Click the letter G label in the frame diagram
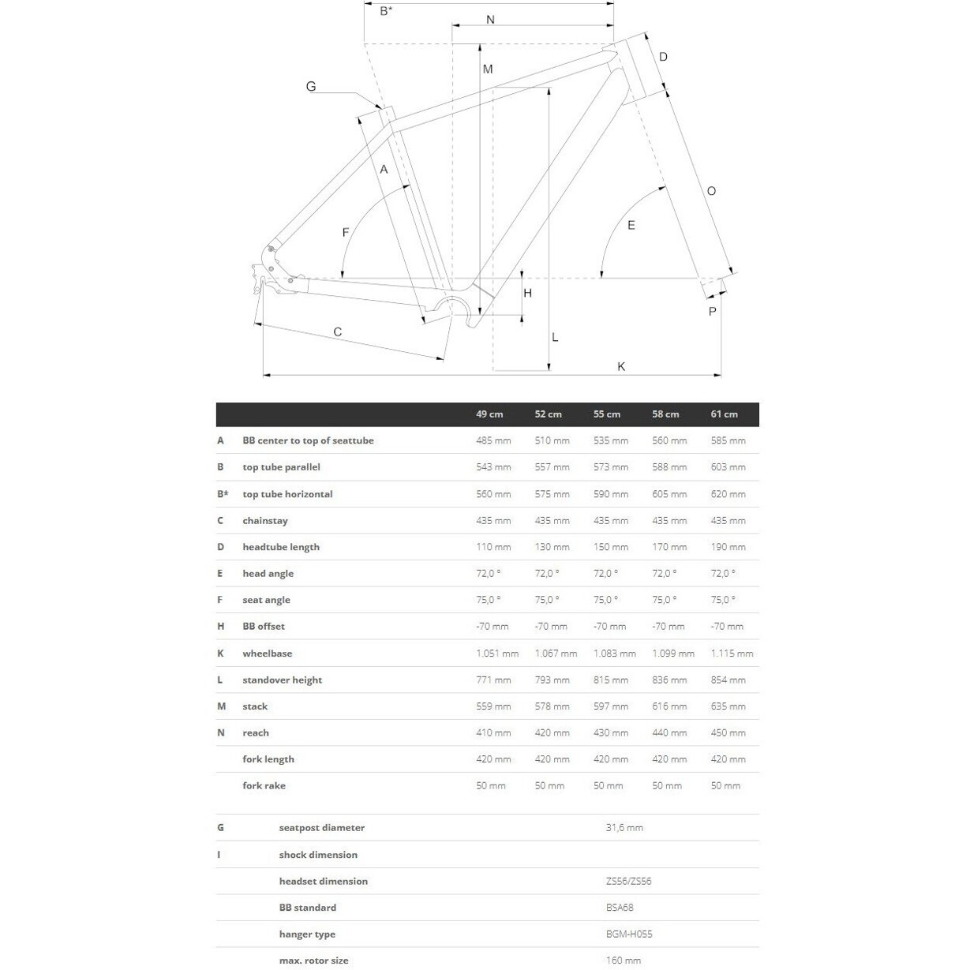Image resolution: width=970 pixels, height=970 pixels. pyautogui.click(x=311, y=87)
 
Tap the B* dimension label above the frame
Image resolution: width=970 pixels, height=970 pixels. pyautogui.click(x=386, y=11)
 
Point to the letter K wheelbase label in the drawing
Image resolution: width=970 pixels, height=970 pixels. pyautogui.click(x=621, y=366)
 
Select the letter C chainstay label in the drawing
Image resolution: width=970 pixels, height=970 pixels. pyautogui.click(x=337, y=332)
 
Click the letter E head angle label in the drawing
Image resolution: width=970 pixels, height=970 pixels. pyautogui.click(x=631, y=226)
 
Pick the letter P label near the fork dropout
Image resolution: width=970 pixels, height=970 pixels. pyautogui.click(x=712, y=312)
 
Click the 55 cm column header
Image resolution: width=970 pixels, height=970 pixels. pyautogui.click(x=607, y=414)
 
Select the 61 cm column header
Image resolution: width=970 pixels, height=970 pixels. pyautogui.click(x=724, y=414)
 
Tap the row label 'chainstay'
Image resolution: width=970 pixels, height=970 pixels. pyautogui.click(x=265, y=521)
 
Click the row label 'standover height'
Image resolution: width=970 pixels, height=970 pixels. pyautogui.click(x=282, y=680)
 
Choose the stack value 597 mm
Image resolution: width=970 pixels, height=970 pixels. pyautogui.click(x=611, y=706)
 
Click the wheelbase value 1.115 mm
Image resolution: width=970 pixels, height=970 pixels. pyautogui.click(x=732, y=654)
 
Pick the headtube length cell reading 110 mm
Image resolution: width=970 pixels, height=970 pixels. pyautogui.click(x=493, y=547)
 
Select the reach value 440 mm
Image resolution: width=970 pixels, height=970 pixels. pyautogui.click(x=669, y=733)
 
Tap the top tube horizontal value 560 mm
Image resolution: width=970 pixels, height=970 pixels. pyautogui.click(x=493, y=494)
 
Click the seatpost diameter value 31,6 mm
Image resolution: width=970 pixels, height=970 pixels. pyautogui.click(x=624, y=828)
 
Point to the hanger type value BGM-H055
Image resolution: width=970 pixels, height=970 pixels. pyautogui.click(x=629, y=934)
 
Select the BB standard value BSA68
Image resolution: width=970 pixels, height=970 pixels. pyautogui.click(x=620, y=908)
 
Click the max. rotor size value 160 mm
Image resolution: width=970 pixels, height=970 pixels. pyautogui.click(x=624, y=961)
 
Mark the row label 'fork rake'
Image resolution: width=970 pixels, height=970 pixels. pyautogui.click(x=264, y=786)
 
